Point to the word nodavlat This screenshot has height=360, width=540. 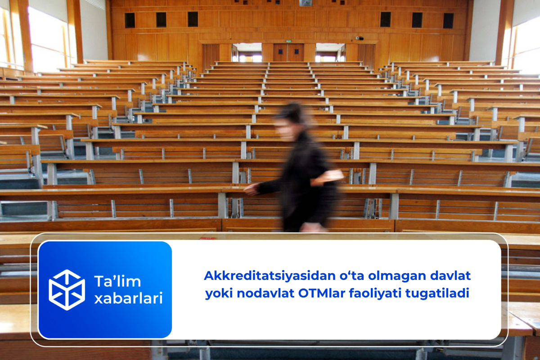tap(265, 293)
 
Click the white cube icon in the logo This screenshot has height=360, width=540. tap(67, 290)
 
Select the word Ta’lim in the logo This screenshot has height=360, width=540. tap(117, 281)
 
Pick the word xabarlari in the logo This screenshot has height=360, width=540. tap(129, 298)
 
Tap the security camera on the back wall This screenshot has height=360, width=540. tap(360, 38)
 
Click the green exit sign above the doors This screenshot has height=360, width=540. tap(288, 41)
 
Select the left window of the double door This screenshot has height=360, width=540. tap(280, 51)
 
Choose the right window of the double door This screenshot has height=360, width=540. tap(297, 52)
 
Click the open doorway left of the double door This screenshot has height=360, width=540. tap(247, 53)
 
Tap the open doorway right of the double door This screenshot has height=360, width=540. tap(330, 53)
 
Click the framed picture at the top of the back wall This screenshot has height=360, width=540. tap(306, 3)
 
